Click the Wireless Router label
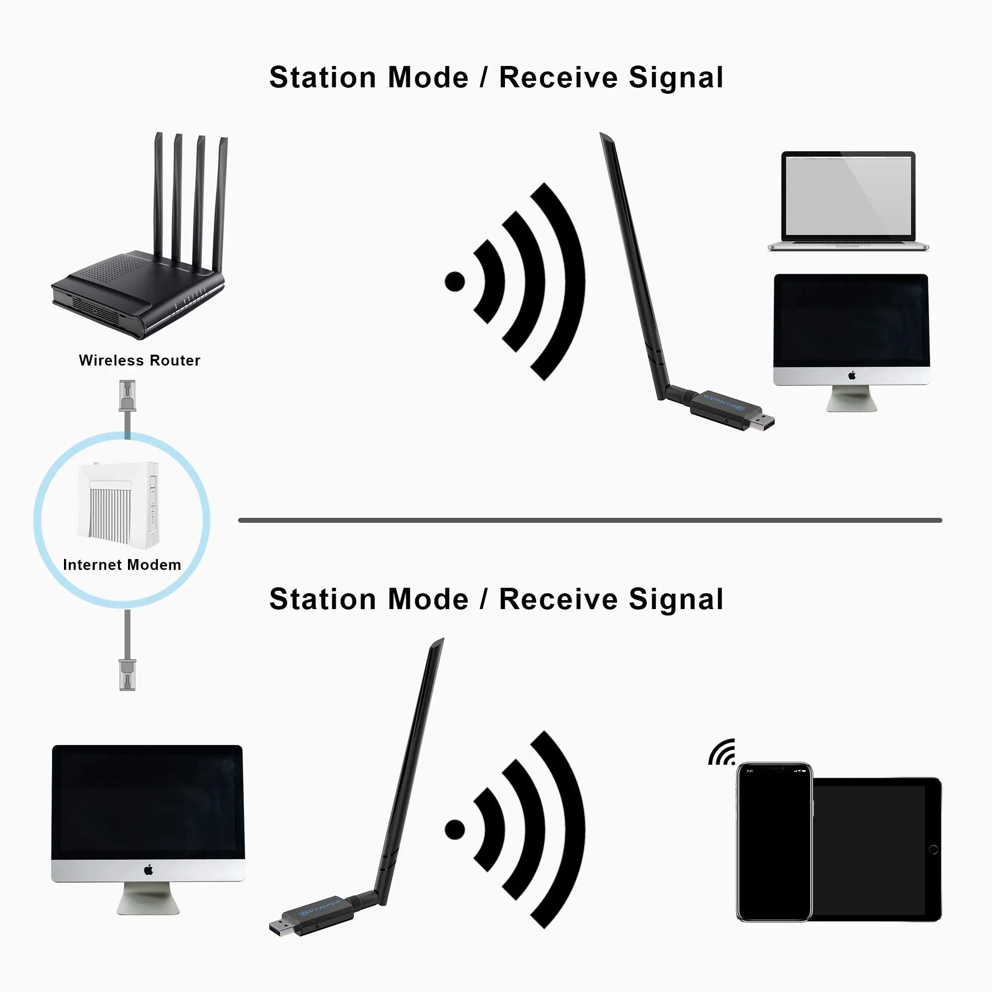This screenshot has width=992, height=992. click(x=139, y=361)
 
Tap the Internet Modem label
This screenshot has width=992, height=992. click(x=122, y=565)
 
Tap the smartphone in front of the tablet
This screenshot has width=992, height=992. click(x=774, y=842)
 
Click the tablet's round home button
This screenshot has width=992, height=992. click(x=933, y=850)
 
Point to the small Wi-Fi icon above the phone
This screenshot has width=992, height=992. click(x=723, y=754)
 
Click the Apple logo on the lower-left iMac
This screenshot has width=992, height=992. click(x=148, y=869)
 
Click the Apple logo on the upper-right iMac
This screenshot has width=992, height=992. click(x=852, y=375)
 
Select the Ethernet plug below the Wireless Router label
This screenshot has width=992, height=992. click(x=127, y=396)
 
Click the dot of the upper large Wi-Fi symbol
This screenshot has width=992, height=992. click(x=454, y=281)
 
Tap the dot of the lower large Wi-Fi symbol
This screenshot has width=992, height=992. click(x=454, y=829)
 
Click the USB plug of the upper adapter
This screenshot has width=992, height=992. click(x=762, y=422)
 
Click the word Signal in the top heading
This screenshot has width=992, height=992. click(x=676, y=78)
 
